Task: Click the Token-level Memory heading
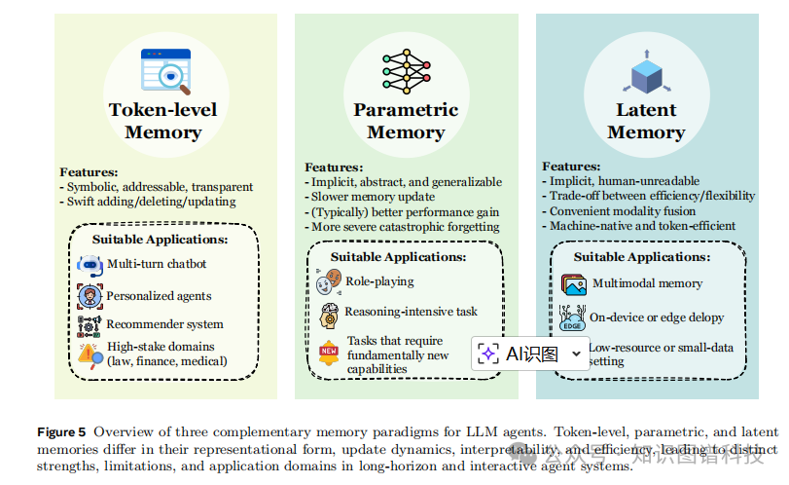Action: [x=162, y=121]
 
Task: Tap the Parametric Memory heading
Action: [x=406, y=121]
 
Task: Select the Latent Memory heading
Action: [x=646, y=121]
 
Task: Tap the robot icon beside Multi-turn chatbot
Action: [x=90, y=264]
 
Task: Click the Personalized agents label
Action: [x=159, y=294]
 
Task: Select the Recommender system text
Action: [x=164, y=324]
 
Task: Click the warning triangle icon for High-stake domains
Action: [x=90, y=354]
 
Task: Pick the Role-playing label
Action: [x=379, y=281]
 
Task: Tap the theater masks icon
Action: [x=329, y=282]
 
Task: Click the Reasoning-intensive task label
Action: [x=412, y=312]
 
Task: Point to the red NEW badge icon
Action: [x=329, y=352]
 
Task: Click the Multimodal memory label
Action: [x=646, y=283]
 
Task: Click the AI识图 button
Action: [x=531, y=353]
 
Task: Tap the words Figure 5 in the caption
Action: [x=61, y=430]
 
